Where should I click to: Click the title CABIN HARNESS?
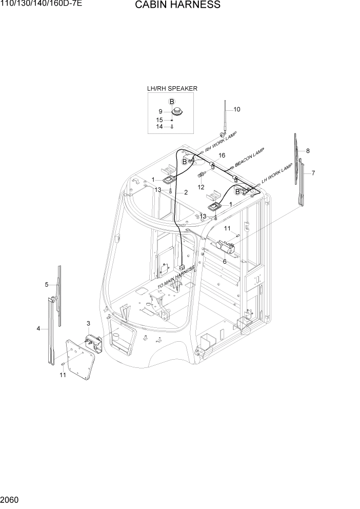click(x=178, y=5)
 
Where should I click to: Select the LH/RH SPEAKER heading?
click(x=172, y=89)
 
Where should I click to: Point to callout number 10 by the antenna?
click(x=236, y=109)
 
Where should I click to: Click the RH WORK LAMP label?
click(x=221, y=141)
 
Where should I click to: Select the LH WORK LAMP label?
click(x=277, y=174)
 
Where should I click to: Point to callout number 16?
click(x=222, y=155)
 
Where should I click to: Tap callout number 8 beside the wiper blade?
click(x=308, y=151)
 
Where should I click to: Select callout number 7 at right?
click(x=313, y=173)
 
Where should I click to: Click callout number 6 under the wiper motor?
click(x=225, y=261)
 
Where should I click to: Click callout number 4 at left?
click(x=38, y=328)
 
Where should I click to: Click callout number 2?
click(x=186, y=192)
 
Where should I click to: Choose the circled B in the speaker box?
click(x=172, y=101)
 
